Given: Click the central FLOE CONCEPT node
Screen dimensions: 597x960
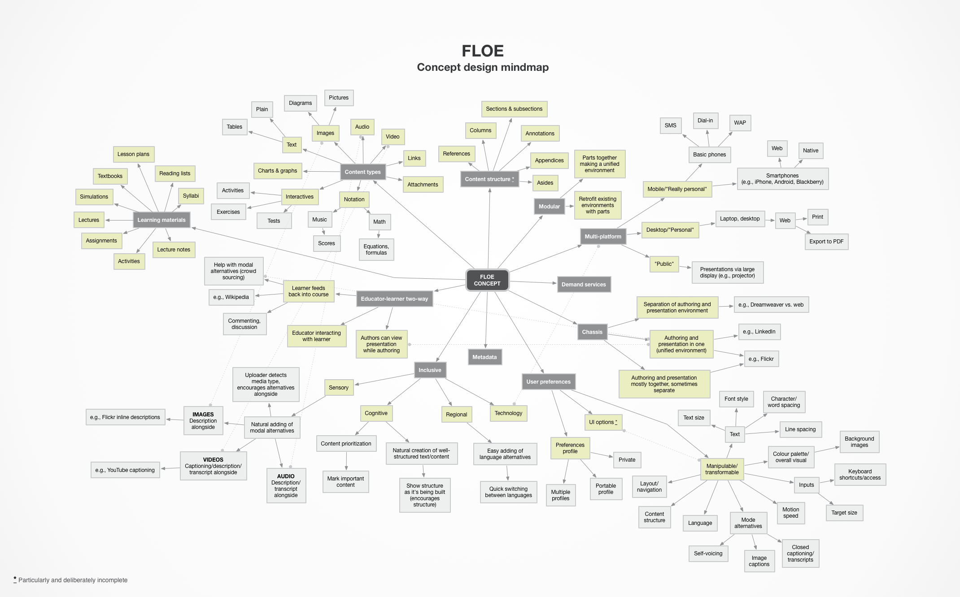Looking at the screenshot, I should [x=487, y=280].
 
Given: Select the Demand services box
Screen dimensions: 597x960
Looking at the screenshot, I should [x=584, y=284].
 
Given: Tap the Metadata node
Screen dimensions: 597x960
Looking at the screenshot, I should [x=484, y=357].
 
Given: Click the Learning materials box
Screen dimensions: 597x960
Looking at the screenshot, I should [x=161, y=220].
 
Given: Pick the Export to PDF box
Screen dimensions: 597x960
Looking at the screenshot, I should [x=826, y=241].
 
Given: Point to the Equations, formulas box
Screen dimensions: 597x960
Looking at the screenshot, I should [x=376, y=249].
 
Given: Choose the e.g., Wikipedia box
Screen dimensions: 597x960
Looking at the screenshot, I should [x=231, y=297].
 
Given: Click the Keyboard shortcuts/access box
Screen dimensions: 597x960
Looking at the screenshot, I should [x=860, y=474].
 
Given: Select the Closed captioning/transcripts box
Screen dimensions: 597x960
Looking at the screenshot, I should [x=800, y=553].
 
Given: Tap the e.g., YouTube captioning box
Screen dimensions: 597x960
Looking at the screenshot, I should [x=125, y=470].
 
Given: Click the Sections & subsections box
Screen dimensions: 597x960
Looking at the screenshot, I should [x=514, y=108].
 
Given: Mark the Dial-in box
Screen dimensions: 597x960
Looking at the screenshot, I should [x=705, y=120].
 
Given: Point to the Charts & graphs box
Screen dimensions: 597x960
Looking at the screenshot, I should [x=277, y=170].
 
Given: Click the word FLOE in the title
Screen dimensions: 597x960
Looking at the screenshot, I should [x=483, y=51].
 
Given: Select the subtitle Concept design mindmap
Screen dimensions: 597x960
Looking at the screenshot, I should [x=483, y=67].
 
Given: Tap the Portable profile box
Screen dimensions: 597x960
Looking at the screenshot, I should [x=606, y=489].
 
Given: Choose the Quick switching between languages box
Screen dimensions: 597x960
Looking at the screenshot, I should [x=508, y=492].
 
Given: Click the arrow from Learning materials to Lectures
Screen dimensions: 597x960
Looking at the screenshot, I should [x=119, y=220].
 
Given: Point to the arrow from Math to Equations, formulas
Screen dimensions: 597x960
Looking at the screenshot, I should [x=379, y=234].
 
